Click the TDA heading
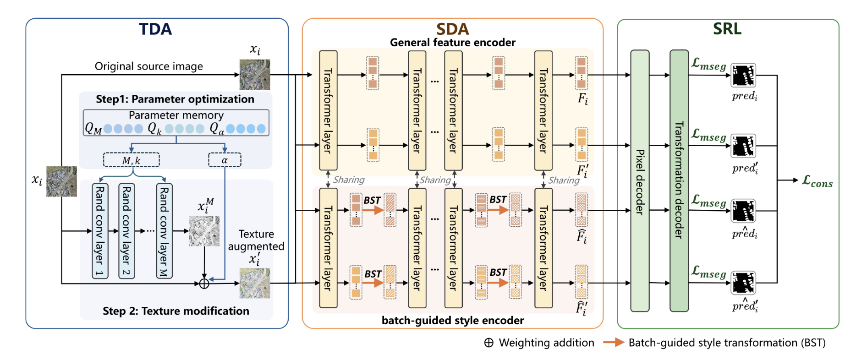pyautogui.click(x=155, y=29)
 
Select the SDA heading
pyautogui.click(x=452, y=29)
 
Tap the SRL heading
pyautogui.click(x=727, y=29)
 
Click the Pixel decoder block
pyautogui.click(x=640, y=181)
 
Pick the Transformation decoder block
pyautogui.click(x=679, y=181)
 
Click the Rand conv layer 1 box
pyautogui.click(x=100, y=231)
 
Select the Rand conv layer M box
pyautogui.click(x=164, y=231)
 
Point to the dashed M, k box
pyautogui.click(x=132, y=160)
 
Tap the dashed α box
pyautogui.click(x=225, y=160)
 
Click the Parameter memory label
pyautogui.click(x=176, y=115)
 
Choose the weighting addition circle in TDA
pyautogui.click(x=204, y=284)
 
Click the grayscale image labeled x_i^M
pyautogui.click(x=204, y=231)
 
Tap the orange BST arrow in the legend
pyautogui.click(x=613, y=342)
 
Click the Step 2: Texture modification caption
pyautogui.click(x=176, y=311)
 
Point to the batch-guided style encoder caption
pyautogui.click(x=452, y=320)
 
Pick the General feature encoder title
pyautogui.click(x=452, y=43)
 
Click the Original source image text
pyautogui.click(x=148, y=66)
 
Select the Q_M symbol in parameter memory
pyautogui.click(x=93, y=129)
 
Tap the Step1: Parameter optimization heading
pyautogui.click(x=175, y=99)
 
